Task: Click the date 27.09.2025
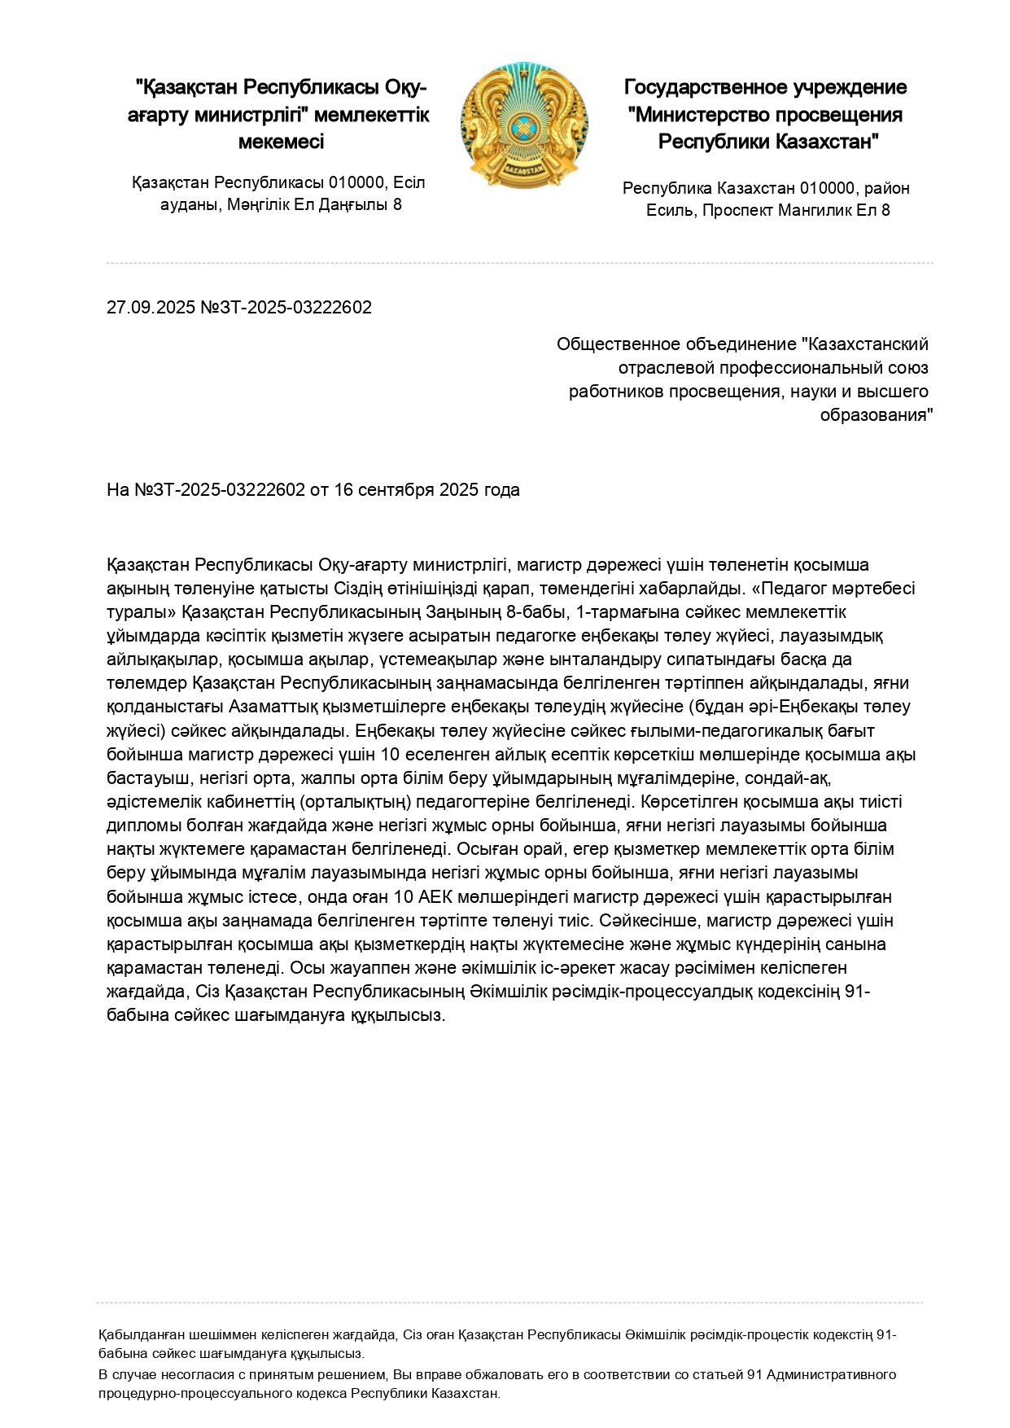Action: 151,308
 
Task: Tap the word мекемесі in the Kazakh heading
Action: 281,142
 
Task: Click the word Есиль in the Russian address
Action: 671,210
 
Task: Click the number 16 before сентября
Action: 343,490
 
